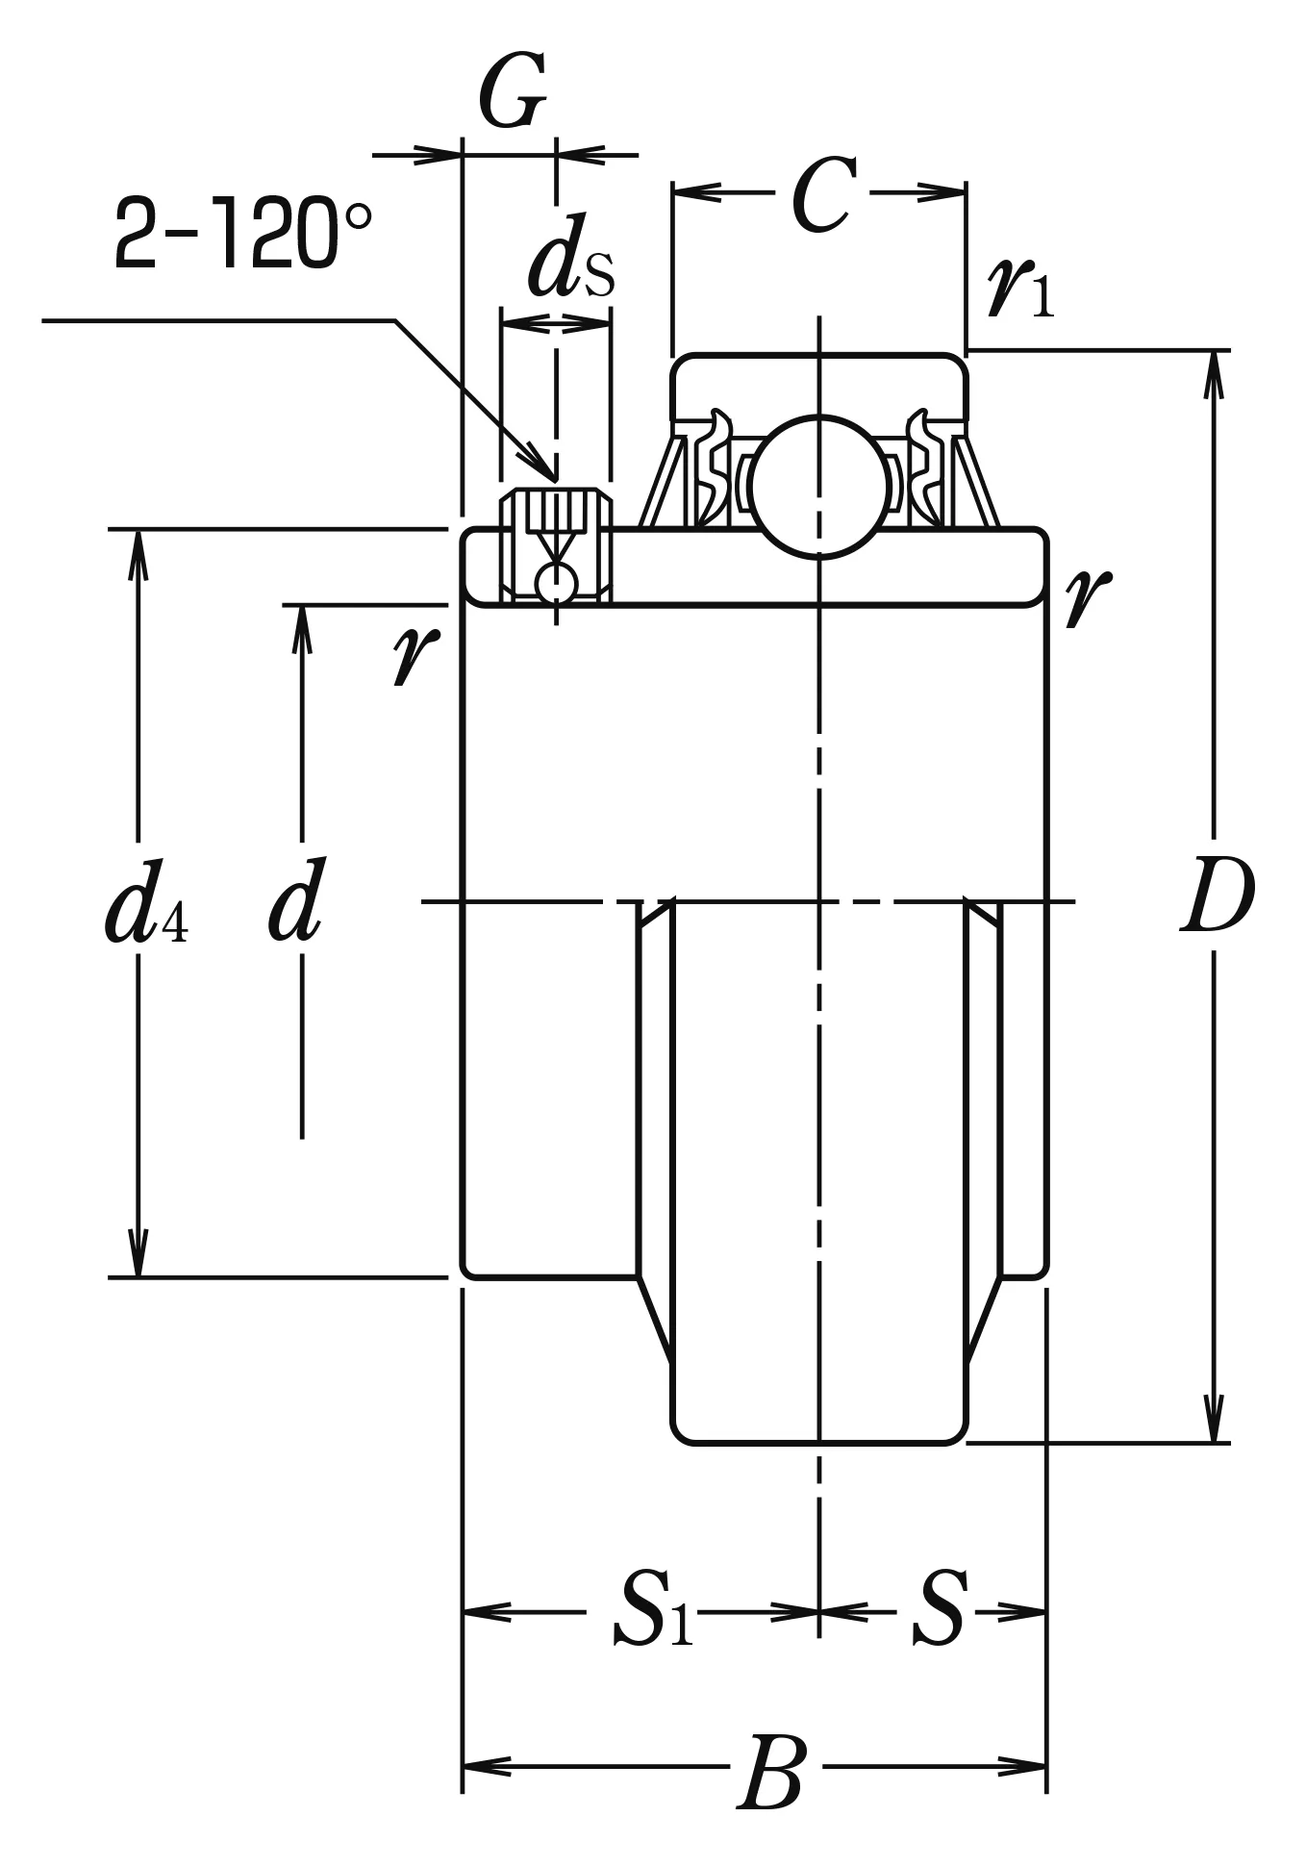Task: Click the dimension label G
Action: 513,93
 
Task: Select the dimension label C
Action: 822,195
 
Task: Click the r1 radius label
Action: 1020,288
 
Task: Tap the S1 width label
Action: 653,1610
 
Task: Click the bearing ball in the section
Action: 819,486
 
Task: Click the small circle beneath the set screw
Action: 556,583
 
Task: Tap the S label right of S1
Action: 938,1608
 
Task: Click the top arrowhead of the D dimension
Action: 1216,375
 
